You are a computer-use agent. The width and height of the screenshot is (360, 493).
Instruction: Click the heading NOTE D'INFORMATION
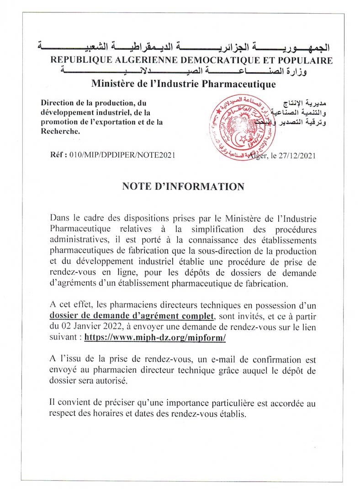tap(183, 187)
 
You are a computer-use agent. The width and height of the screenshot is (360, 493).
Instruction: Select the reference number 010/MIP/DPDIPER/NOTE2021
tap(122, 155)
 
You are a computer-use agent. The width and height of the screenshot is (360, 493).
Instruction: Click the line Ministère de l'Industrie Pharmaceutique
tap(183, 84)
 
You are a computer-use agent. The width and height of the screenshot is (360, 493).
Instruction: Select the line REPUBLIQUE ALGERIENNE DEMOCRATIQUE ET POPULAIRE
tap(191, 60)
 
